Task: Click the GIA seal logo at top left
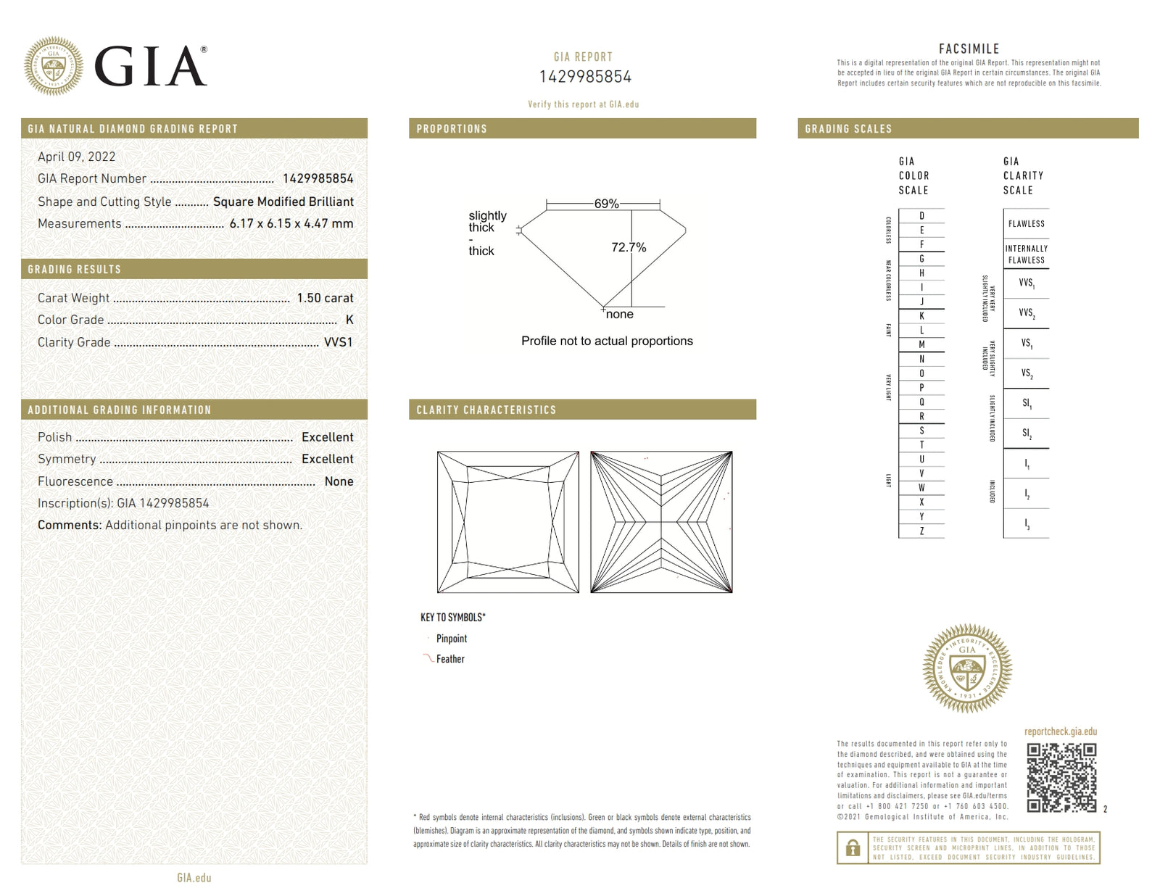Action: pos(53,66)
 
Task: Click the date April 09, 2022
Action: pos(76,157)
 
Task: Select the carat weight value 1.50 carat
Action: pos(325,298)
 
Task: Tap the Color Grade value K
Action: pos(349,320)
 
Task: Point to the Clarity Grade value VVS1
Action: pos(338,342)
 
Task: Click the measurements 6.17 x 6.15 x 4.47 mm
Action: pos(291,223)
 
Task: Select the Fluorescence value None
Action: pos(339,481)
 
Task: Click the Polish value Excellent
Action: pos(327,437)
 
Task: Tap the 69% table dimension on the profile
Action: pos(606,204)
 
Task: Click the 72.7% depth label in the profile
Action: pos(628,247)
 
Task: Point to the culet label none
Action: pos(619,314)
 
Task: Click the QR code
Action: pos(1061,777)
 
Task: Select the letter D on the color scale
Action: pos(921,216)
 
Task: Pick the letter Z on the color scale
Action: pos(921,531)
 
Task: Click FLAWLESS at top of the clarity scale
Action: pos(1026,224)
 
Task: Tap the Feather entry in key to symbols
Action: pos(449,659)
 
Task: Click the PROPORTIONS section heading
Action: pos(452,129)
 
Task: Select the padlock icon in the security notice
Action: pos(853,847)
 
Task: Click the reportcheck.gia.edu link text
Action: pos(1060,731)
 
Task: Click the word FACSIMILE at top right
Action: pos(969,49)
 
